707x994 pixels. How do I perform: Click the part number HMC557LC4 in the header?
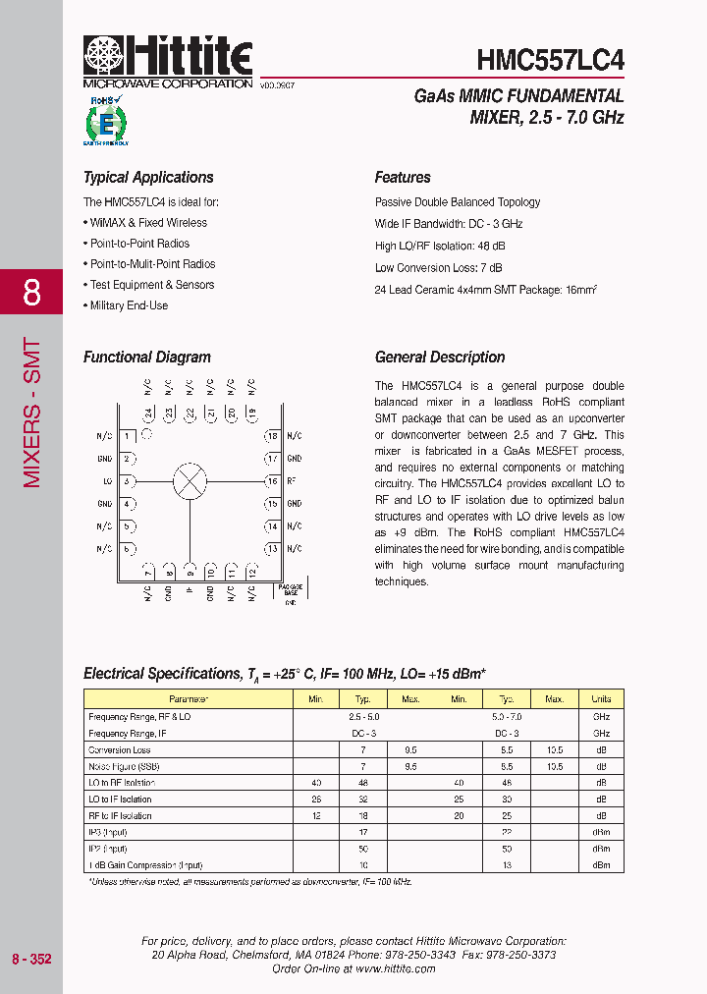click(550, 61)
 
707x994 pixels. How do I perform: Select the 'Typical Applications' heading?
click(148, 178)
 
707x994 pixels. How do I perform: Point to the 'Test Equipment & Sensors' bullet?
click(151, 285)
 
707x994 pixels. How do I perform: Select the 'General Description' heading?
click(440, 358)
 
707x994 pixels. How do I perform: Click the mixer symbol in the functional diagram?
click(190, 481)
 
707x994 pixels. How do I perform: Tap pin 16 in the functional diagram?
click(273, 481)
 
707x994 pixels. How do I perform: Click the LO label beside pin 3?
click(106, 481)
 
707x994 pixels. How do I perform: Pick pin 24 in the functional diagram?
click(148, 414)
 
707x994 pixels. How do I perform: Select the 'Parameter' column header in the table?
click(189, 699)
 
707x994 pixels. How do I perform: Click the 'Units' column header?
click(601, 699)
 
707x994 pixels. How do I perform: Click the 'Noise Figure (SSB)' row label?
click(124, 766)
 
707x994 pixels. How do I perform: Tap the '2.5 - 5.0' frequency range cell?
click(364, 717)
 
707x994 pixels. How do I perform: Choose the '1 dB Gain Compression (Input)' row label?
click(145, 865)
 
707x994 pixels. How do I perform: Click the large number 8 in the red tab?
click(31, 293)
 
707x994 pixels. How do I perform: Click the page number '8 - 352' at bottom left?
click(31, 958)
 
